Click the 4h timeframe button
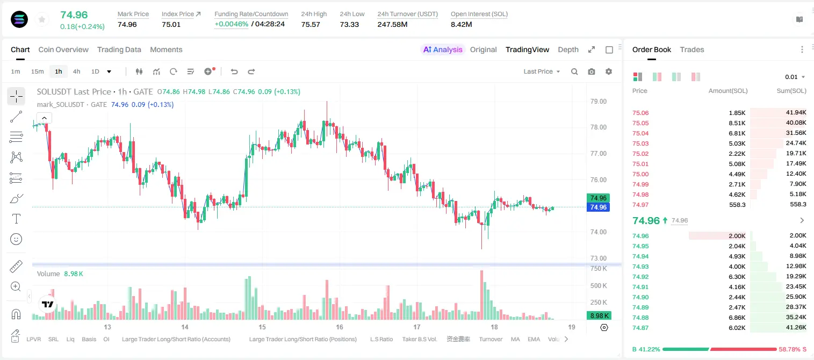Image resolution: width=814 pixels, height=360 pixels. pos(76,71)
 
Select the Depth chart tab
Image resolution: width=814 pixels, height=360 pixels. pos(568,50)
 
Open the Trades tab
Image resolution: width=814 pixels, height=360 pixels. pos(692,50)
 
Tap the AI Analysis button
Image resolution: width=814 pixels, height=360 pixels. pos(443,50)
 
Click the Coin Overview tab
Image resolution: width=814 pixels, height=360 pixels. pos(63,50)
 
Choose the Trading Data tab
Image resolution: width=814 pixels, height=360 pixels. pos(119,50)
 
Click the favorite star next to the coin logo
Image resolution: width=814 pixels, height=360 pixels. pos(42,19)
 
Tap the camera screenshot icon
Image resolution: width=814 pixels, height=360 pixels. pos(592,71)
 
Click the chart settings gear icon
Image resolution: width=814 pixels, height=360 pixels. pos(609,71)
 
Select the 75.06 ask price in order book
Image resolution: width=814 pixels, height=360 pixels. pos(640,113)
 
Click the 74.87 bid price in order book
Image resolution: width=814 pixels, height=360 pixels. pos(640,328)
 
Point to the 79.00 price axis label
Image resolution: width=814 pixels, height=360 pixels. pos(599,102)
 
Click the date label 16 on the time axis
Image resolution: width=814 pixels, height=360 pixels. pos(340,327)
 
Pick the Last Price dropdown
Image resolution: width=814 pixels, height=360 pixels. pos(542,71)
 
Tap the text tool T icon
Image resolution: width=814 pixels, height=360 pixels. pos(16,219)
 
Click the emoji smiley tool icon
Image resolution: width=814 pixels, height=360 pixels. pos(16,239)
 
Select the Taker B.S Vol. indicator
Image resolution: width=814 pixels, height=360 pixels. pos(419,339)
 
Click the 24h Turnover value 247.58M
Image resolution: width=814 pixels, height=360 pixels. pos(392,24)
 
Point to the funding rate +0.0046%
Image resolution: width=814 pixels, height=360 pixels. pos(231,24)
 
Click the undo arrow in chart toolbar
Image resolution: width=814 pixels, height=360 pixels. pos(234,71)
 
